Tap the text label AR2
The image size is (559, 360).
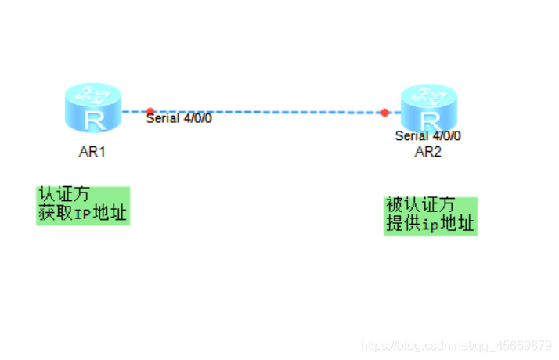click(x=428, y=152)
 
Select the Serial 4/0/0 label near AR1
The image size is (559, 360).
click(x=179, y=119)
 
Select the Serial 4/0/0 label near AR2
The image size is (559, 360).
click(x=428, y=135)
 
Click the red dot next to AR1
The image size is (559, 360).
click(x=150, y=111)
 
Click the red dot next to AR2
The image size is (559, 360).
click(x=384, y=113)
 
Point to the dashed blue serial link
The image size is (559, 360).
click(x=266, y=112)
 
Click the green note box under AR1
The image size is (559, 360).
click(x=82, y=205)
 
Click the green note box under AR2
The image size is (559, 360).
click(x=430, y=215)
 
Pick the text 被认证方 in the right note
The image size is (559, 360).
click(x=420, y=206)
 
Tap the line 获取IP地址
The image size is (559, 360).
click(x=83, y=214)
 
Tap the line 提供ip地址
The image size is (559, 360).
click(x=430, y=225)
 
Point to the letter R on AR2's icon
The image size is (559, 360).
click(x=429, y=121)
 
